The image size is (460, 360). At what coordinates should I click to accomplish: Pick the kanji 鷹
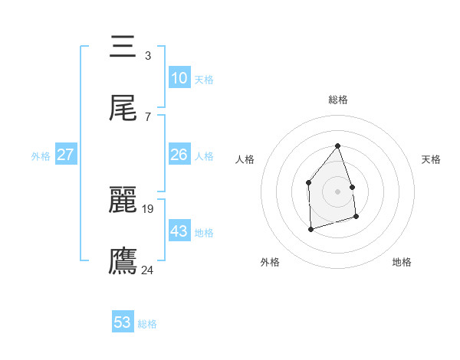[123, 260]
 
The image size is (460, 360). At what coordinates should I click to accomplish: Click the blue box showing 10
[179, 78]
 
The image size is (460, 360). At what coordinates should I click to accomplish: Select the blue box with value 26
[179, 155]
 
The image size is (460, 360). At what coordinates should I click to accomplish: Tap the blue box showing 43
[179, 231]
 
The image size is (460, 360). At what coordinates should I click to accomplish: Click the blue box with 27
[65, 155]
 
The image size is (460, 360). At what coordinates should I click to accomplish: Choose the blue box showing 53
[123, 322]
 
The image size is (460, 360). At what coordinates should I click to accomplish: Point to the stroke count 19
[149, 208]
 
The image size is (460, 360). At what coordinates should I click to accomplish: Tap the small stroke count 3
[148, 55]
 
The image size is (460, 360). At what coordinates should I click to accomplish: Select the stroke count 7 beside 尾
[148, 116]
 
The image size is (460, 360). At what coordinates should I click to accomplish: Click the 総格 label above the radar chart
[337, 100]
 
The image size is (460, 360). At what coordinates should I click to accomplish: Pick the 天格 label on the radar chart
[432, 159]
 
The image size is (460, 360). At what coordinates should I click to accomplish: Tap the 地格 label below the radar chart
[402, 262]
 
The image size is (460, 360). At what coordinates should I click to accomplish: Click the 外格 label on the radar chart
[270, 262]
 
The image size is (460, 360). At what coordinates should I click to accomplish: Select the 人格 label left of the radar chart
[245, 159]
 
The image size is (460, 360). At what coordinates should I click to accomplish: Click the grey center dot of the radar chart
[337, 191]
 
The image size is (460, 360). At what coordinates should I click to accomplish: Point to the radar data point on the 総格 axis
[337, 146]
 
